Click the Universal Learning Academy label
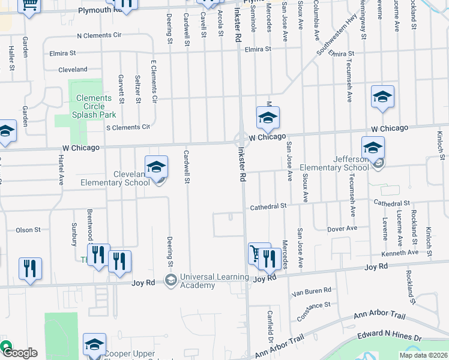click(213, 281)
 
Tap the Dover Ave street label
click(342, 229)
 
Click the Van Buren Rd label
click(311, 291)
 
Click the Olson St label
click(28, 230)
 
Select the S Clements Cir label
click(127, 127)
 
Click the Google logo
click(19, 353)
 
